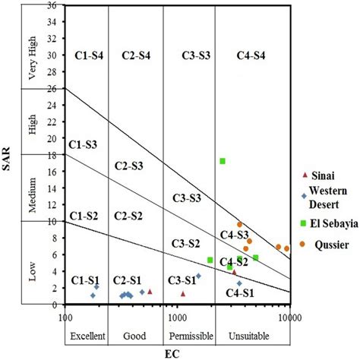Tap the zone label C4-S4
(251, 55)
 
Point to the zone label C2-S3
(128, 166)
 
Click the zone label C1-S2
(84, 216)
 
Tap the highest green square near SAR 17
(223, 161)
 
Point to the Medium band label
(33, 187)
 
